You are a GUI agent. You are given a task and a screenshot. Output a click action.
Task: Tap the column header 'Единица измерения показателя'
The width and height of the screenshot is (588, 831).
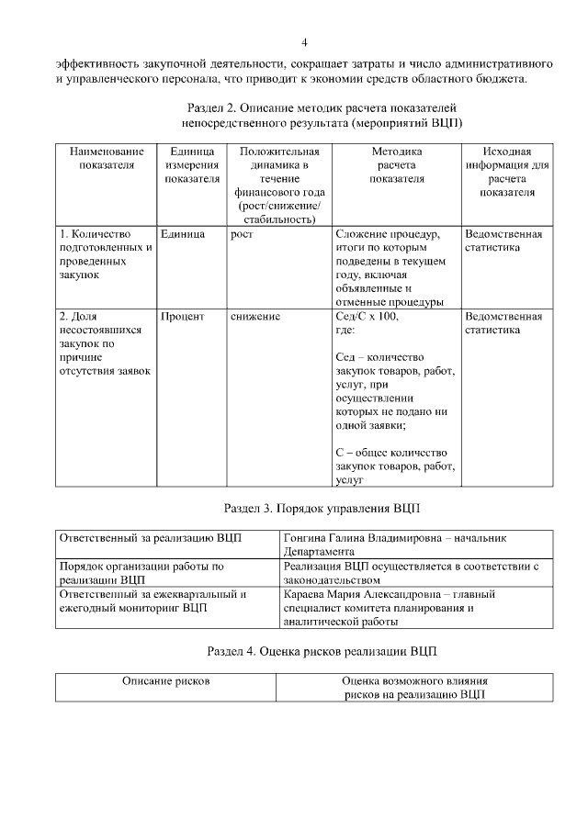click(191, 164)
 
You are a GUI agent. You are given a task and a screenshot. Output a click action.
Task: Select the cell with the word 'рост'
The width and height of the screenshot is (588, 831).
click(242, 234)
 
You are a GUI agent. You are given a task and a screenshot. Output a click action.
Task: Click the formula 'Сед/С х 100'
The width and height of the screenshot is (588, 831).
click(367, 317)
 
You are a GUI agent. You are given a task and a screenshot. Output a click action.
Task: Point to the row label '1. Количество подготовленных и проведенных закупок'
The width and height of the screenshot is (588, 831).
click(104, 248)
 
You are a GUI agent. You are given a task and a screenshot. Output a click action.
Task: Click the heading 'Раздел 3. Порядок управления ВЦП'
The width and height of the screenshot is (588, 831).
click(322, 507)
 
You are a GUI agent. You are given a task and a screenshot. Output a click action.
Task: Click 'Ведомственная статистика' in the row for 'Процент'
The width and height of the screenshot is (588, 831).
click(503, 323)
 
